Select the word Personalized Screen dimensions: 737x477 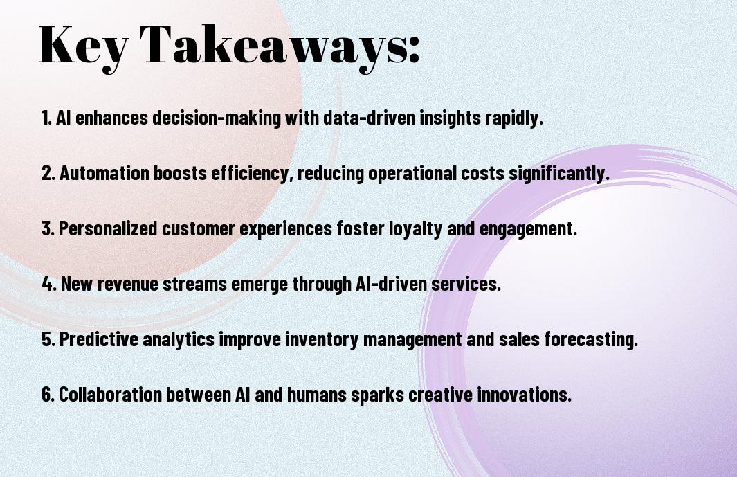tap(108, 228)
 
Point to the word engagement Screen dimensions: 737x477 tap(528, 229)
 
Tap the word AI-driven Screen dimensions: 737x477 tap(391, 284)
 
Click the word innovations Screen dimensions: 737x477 tap(524, 395)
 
